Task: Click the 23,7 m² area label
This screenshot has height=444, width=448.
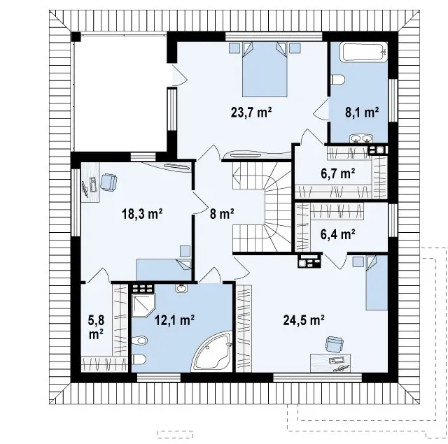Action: tap(251, 112)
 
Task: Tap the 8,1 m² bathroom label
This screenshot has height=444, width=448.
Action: tap(362, 112)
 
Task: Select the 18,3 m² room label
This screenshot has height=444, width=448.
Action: tap(142, 213)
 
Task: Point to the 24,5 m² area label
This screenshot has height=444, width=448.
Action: tap(304, 320)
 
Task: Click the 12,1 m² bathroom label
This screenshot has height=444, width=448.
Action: tap(174, 320)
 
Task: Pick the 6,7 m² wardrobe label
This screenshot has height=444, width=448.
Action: tap(338, 173)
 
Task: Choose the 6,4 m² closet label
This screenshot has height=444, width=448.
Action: tap(338, 234)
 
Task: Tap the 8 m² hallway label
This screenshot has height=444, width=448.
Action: tap(222, 213)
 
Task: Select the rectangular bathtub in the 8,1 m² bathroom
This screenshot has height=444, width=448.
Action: tap(364, 52)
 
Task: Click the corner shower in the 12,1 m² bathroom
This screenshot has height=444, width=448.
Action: tap(143, 306)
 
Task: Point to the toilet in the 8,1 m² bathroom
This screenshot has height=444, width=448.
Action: tap(337, 79)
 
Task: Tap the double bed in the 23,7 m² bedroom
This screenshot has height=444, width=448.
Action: tap(265, 69)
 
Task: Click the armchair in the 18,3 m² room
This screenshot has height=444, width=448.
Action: tap(108, 182)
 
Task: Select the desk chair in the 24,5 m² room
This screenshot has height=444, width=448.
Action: tap(334, 345)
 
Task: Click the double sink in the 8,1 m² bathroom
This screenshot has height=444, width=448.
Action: tap(361, 138)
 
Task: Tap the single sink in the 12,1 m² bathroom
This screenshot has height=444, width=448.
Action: tap(181, 288)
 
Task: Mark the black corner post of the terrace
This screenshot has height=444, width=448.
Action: tap(76, 37)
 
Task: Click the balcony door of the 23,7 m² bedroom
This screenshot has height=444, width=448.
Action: tap(179, 75)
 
